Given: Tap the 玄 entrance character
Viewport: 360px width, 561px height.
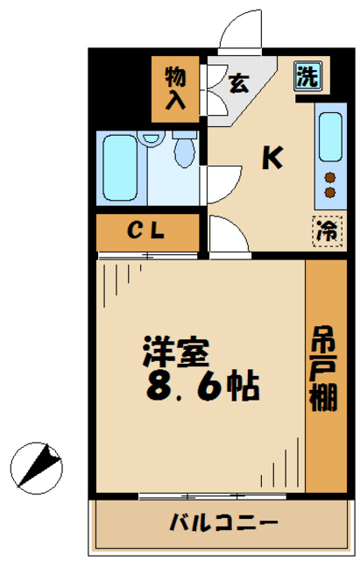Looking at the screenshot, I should coord(237,84).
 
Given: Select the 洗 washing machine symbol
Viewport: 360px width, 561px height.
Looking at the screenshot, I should coord(306,76).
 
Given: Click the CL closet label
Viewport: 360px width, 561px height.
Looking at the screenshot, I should coord(147,231).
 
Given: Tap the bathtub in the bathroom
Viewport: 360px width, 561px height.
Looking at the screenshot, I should coord(119,166).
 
